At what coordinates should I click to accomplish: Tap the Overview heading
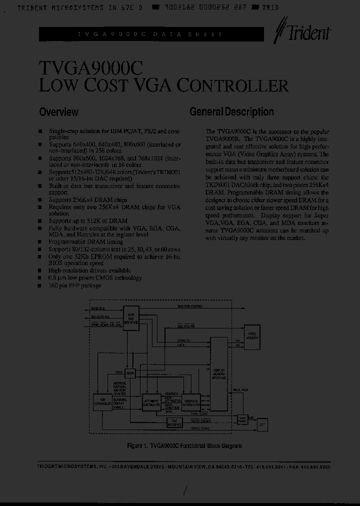[x=58, y=112]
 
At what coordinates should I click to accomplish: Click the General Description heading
[x=231, y=112]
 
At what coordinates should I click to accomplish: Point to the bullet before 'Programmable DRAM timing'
[x=40, y=241]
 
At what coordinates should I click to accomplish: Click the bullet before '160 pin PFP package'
[x=40, y=285]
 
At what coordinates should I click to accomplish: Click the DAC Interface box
[x=174, y=422]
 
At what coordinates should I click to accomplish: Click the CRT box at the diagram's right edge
[x=262, y=424]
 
